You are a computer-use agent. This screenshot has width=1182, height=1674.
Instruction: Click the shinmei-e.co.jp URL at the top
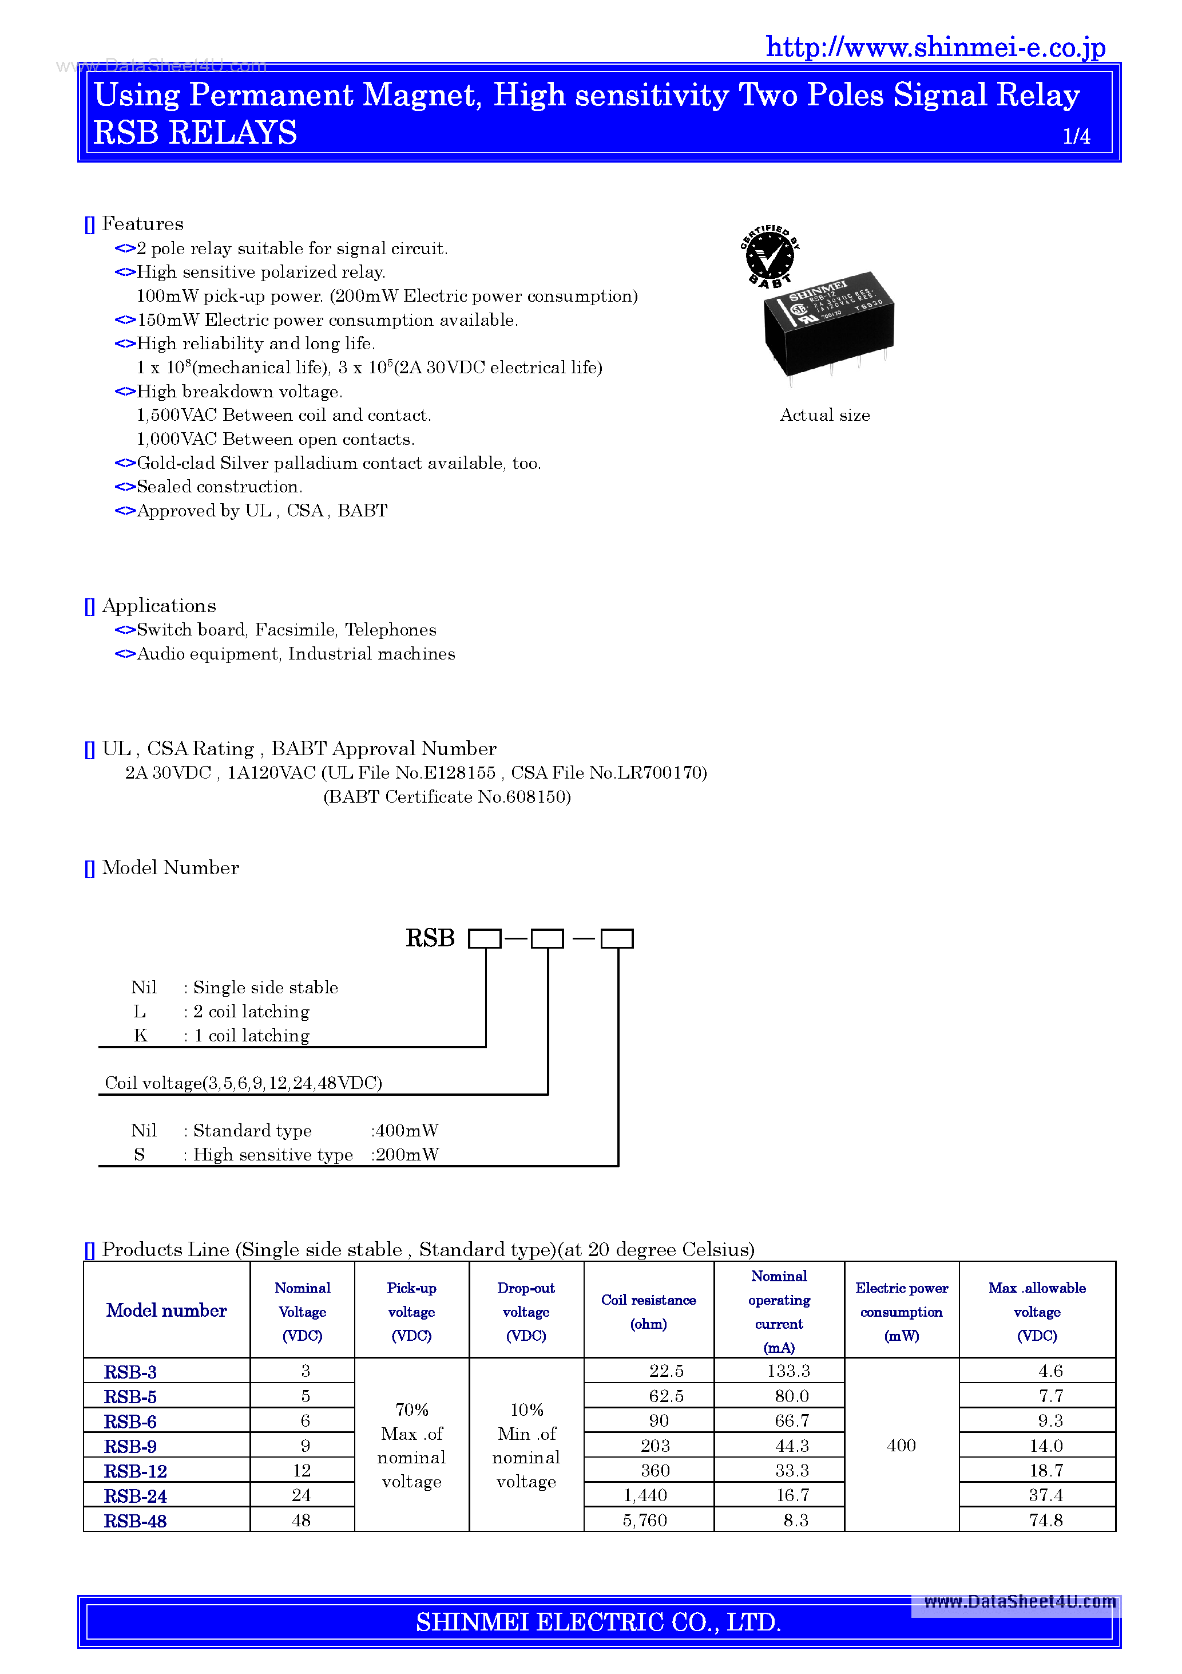point(935,48)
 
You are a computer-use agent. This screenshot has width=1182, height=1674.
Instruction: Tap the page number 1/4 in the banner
point(1076,136)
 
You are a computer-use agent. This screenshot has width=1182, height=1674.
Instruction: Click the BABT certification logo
point(770,255)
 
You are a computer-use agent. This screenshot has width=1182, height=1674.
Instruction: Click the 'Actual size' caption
point(824,415)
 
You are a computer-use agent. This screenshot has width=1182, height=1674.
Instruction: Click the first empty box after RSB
point(484,938)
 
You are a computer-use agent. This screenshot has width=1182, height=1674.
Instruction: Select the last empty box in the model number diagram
point(617,938)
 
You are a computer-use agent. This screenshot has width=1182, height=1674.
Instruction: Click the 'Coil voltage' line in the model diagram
point(243,1083)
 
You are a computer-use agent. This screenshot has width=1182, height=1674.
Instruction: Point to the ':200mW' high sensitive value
point(404,1154)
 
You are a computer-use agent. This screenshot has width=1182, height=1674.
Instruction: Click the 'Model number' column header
point(166,1310)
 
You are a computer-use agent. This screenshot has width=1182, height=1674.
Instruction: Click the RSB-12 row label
point(136,1471)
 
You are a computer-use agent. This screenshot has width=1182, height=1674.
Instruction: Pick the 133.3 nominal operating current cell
point(788,1371)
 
